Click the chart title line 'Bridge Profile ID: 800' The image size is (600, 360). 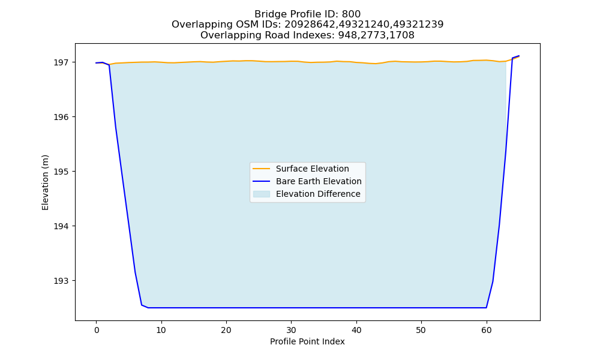307,14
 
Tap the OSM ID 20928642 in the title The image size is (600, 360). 310,25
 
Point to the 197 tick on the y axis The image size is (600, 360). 62,62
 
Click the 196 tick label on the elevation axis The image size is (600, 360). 62,117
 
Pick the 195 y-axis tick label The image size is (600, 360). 62,172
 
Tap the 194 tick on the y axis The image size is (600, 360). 62,226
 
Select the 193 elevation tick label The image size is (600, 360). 62,281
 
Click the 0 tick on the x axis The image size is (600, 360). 97,330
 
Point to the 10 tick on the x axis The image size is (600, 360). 161,330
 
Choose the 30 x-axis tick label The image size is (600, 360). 291,330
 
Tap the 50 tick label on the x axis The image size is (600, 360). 421,330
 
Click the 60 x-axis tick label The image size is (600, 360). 487,330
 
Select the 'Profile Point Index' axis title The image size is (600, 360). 307,341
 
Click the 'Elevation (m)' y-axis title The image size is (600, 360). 45,182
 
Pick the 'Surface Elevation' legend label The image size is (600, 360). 312,169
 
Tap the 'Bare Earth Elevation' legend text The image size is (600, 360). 319,181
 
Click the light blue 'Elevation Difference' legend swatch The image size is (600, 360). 262,194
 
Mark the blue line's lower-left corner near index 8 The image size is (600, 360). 148,308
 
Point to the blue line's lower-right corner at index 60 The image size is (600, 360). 487,308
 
